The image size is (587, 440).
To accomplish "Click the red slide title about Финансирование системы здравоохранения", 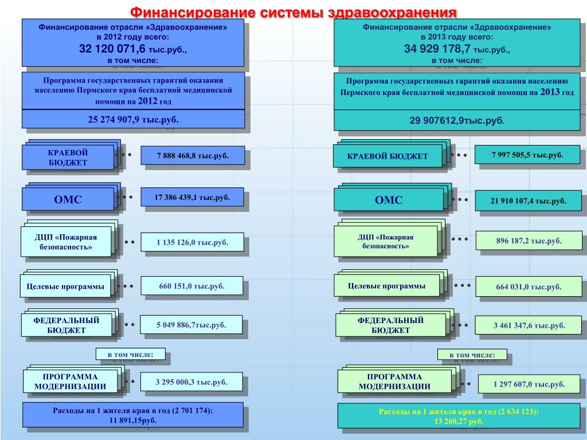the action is pyautogui.click(x=293, y=13).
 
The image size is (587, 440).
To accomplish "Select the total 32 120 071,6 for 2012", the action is pyautogui.click(x=112, y=49).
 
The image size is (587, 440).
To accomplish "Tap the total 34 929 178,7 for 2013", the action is pyautogui.click(x=437, y=49).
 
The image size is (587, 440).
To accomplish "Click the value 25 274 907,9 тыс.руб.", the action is pyautogui.click(x=133, y=120).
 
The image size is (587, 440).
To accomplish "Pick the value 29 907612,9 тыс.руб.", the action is pyautogui.click(x=457, y=120).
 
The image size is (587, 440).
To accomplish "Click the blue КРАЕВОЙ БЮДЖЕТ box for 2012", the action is pyautogui.click(x=68, y=158).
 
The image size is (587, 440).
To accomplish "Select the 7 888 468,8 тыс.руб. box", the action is pyautogui.click(x=193, y=156).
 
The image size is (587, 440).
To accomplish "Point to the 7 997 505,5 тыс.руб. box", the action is pyautogui.click(x=527, y=155).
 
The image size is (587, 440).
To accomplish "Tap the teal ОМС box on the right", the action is pyautogui.click(x=389, y=200).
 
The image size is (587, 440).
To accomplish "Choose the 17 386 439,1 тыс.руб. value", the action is pyautogui.click(x=192, y=198).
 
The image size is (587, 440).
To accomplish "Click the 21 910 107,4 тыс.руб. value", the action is pyautogui.click(x=528, y=201).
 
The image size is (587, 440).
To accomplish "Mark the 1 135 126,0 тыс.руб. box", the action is pyautogui.click(x=192, y=242).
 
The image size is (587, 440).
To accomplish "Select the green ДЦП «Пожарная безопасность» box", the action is pyautogui.click(x=386, y=241).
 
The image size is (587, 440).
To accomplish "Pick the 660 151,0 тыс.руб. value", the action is pyautogui.click(x=191, y=286).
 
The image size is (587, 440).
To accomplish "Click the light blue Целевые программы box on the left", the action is pyautogui.click(x=65, y=286).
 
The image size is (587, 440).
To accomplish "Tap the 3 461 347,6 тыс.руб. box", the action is pyautogui.click(x=529, y=325).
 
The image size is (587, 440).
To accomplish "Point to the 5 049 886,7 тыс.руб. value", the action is pyautogui.click(x=191, y=325).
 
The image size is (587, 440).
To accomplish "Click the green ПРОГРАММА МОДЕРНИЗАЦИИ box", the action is pyautogui.click(x=394, y=381).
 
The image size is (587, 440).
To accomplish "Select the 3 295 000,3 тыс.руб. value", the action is pyautogui.click(x=191, y=382).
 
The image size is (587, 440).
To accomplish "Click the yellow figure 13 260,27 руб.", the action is pyautogui.click(x=459, y=421).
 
